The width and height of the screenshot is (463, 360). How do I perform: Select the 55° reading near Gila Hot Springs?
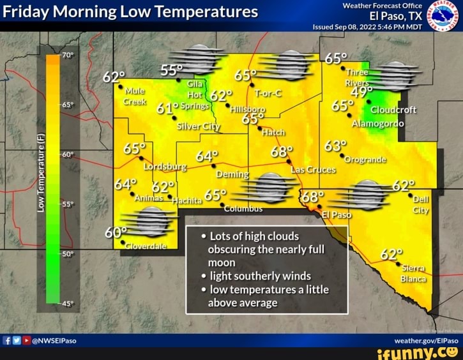coord(172,70)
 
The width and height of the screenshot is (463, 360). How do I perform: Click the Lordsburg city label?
coord(165,167)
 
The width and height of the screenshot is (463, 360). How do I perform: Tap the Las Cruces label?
coord(313,170)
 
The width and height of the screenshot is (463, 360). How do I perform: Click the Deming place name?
coord(233,174)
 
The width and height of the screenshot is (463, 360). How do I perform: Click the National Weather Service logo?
coord(446,15)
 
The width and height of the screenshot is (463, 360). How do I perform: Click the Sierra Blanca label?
coord(413,273)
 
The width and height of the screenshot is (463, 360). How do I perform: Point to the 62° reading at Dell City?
coord(404,186)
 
